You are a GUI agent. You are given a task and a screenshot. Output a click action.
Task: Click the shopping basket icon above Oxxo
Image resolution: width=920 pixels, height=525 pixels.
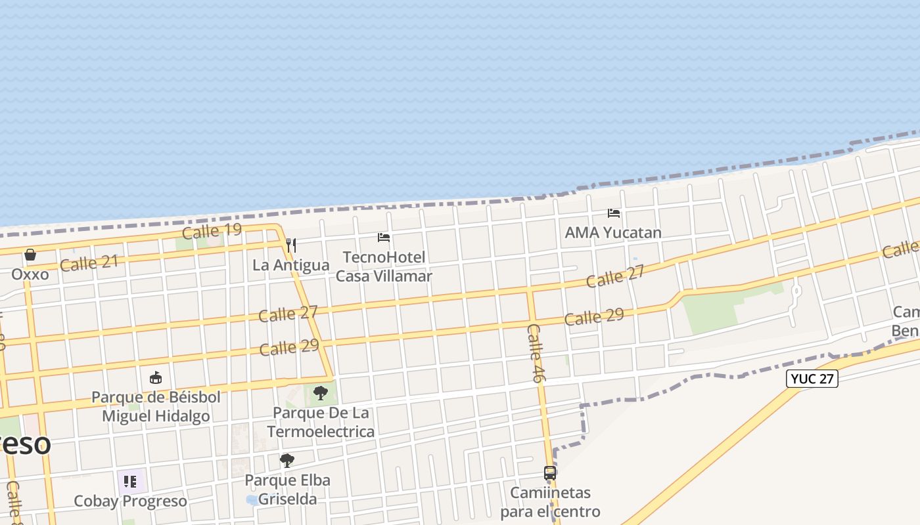coord(30,255)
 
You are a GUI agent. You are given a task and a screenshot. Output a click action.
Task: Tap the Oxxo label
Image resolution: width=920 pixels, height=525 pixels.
coord(30,274)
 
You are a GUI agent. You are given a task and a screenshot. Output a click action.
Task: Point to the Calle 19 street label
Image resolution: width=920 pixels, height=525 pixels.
coord(212,231)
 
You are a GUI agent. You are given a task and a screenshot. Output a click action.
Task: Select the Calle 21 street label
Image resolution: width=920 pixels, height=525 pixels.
coord(89,264)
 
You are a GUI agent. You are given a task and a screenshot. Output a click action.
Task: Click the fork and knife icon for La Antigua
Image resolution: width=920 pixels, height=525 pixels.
coord(291,245)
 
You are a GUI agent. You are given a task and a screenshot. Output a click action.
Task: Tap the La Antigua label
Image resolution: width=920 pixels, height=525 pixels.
coord(291,265)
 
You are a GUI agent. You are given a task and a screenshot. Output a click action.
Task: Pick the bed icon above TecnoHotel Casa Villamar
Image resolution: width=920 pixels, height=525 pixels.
coord(384,238)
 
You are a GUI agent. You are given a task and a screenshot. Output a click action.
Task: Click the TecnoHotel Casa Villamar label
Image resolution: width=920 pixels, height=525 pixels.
coord(384,266)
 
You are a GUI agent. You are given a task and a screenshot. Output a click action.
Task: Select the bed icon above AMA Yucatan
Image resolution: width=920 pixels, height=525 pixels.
coord(614,213)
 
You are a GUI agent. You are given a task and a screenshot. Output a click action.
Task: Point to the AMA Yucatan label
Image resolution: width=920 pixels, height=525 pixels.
coord(613,232)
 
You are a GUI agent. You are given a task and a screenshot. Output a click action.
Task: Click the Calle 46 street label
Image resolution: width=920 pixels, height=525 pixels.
coord(536,353)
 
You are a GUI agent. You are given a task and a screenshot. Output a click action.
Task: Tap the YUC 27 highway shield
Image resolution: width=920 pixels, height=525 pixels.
coord(812,379)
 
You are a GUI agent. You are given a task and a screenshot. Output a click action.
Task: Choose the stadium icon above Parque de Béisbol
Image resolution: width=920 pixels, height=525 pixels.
coord(156,378)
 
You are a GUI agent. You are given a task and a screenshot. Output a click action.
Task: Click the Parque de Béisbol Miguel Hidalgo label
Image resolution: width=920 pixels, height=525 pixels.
coord(156,406)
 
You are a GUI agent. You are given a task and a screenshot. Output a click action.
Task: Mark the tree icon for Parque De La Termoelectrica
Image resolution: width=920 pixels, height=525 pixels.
coord(320,393)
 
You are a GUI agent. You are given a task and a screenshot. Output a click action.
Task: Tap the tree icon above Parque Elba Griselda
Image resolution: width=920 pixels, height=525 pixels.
coord(287,461)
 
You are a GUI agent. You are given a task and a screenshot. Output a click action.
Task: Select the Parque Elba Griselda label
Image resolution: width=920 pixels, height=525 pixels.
coord(287,490)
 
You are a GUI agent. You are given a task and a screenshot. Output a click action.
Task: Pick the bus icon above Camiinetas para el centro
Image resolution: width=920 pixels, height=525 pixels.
coord(550,472)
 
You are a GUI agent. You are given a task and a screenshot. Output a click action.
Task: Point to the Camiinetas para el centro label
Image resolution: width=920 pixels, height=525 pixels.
coord(550,502)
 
